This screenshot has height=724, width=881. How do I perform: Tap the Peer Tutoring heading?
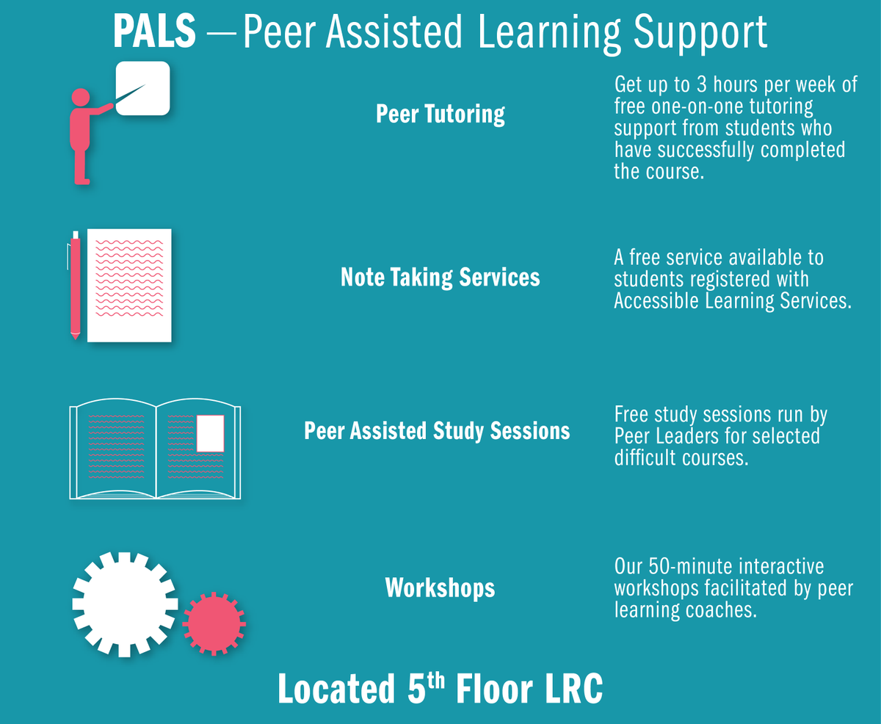click(x=440, y=115)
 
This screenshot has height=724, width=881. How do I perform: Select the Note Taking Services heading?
click(x=440, y=277)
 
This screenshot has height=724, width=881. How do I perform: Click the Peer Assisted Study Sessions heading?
click(x=437, y=430)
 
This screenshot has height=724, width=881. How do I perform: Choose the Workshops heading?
click(x=440, y=587)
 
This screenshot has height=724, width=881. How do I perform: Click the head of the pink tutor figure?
click(x=79, y=98)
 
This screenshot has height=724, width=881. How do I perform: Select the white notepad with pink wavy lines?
click(x=129, y=285)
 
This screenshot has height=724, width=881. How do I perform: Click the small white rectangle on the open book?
click(x=210, y=433)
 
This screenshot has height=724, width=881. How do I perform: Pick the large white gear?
click(x=125, y=604)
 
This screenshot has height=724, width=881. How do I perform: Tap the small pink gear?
click(x=214, y=623)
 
